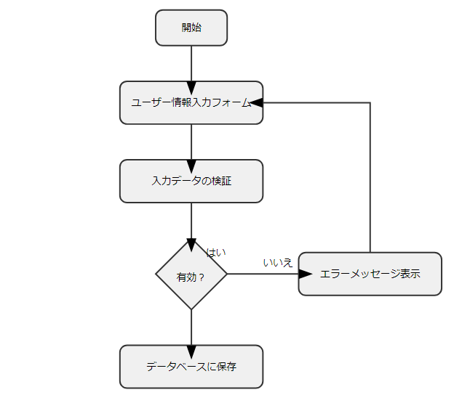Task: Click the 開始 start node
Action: pos(191,28)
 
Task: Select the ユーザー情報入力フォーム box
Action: pos(191,102)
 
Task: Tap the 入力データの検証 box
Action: pos(191,181)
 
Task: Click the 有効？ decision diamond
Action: pos(191,275)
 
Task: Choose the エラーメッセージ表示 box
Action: pos(370,274)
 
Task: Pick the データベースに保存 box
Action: pos(191,367)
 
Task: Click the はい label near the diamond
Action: pos(216,253)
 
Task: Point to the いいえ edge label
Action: pos(278,262)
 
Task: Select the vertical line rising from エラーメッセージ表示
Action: pos(370,182)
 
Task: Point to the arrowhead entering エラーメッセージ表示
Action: pos(306,274)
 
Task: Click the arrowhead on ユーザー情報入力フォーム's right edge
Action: pos(256,102)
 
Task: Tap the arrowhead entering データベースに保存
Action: pos(191,351)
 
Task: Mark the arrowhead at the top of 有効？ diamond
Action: pos(191,245)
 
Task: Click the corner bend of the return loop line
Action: pos(370,102)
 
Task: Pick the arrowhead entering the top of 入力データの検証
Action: pos(191,166)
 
